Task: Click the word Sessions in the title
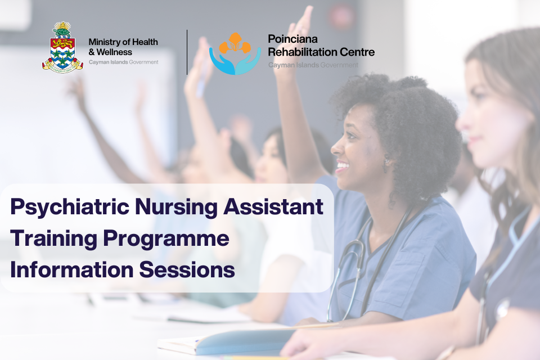click(188, 269)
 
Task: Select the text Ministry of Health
click(123, 42)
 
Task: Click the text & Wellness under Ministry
click(111, 52)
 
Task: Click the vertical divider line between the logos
click(187, 52)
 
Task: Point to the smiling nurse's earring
click(386, 163)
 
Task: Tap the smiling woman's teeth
click(342, 166)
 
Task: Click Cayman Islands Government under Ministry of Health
click(123, 62)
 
